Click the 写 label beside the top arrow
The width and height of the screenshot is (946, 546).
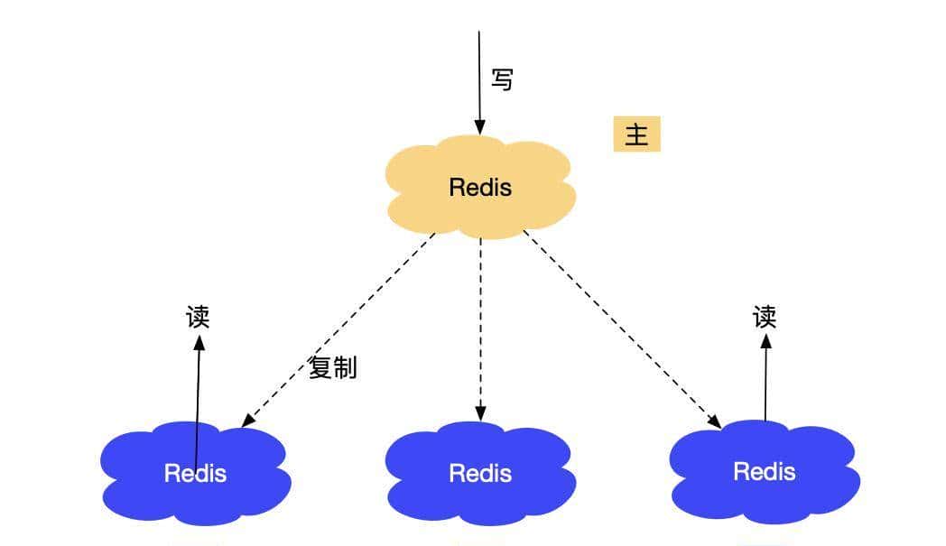[502, 79]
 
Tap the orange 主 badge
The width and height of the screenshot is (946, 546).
[636, 134]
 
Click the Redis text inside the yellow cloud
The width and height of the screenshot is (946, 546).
[480, 188]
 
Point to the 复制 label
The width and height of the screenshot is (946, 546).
[332, 368]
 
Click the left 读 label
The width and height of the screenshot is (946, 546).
[198, 317]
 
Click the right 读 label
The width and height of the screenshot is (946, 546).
[765, 317]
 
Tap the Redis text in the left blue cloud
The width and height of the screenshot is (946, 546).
[195, 473]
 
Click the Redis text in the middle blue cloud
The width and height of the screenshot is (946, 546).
[480, 473]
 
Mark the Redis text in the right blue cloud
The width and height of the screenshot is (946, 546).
[765, 471]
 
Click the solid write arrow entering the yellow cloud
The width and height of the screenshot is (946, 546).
[479, 81]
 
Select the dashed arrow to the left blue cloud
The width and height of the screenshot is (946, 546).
[339, 329]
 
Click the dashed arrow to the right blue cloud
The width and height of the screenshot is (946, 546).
[623, 329]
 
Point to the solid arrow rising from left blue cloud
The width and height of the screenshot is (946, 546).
[198, 388]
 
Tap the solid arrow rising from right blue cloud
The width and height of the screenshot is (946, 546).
[765, 379]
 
